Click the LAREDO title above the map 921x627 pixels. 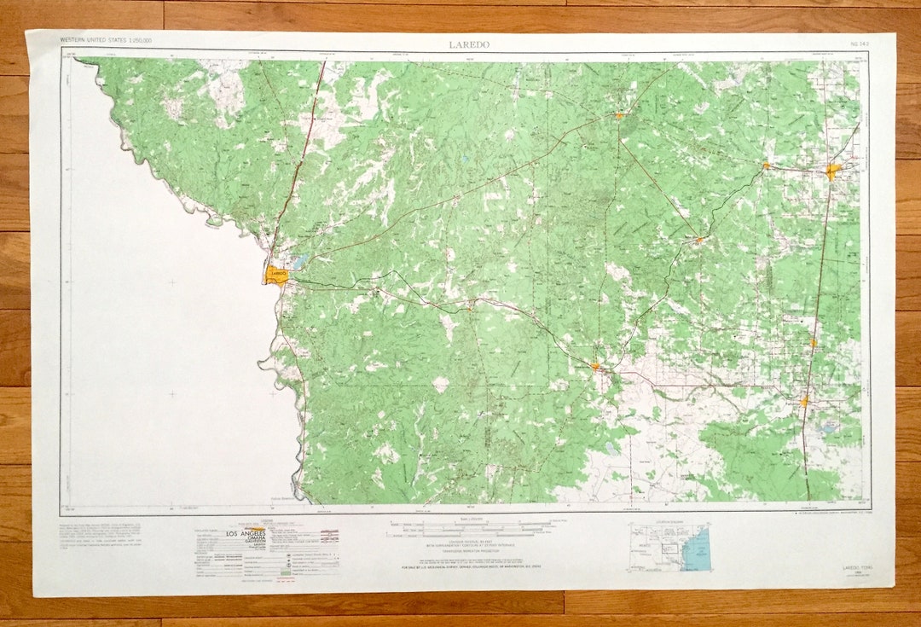click(469, 44)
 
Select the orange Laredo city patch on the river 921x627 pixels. click(276, 275)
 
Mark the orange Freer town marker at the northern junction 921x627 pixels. click(618, 114)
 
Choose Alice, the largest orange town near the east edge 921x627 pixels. click(832, 171)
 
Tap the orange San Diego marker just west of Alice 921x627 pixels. click(766, 165)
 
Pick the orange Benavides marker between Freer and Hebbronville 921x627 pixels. click(698, 240)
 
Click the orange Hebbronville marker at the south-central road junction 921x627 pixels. click(595, 367)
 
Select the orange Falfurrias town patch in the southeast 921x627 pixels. click(803, 401)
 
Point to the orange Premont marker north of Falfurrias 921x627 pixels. click(813, 343)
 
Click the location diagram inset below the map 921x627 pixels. click(669, 547)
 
